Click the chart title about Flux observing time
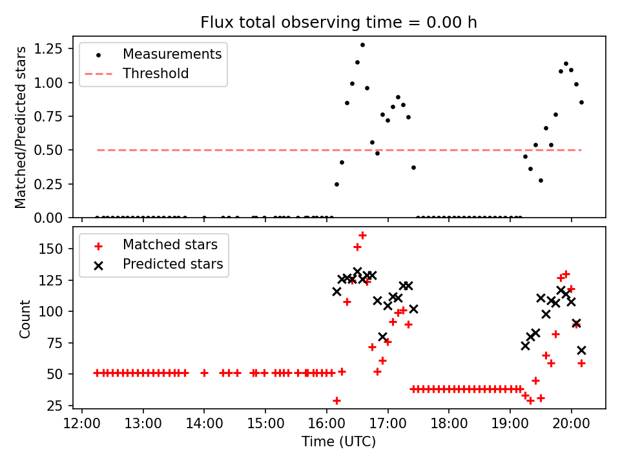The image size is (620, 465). [338, 23]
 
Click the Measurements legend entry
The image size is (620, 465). [172, 54]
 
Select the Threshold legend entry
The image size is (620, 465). [156, 74]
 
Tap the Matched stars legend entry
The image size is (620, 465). [170, 245]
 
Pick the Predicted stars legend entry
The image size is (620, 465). [172, 264]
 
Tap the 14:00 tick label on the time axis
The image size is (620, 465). [204, 424]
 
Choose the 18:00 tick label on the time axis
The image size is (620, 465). [449, 424]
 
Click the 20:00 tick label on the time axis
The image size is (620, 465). [571, 424]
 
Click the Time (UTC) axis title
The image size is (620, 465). [338, 442]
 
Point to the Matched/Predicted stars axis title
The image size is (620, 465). [21, 127]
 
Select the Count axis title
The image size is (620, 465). [25, 318]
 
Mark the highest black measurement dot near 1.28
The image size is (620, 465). [362, 45]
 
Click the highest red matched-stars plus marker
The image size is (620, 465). [362, 235]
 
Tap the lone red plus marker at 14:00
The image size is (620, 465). [204, 373]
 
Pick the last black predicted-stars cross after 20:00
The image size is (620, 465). [581, 350]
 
